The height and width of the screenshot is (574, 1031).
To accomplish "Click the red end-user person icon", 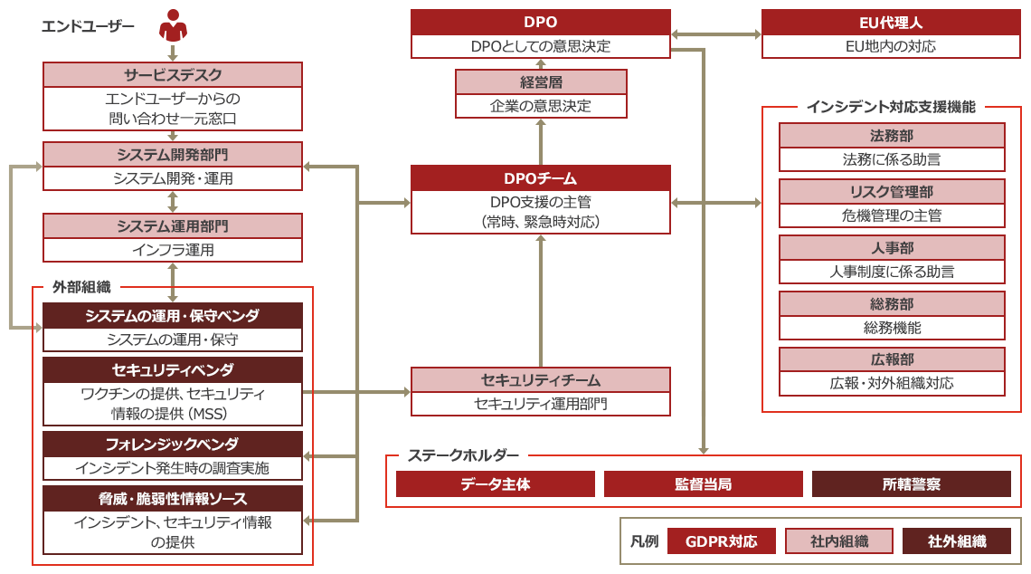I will click(173, 26).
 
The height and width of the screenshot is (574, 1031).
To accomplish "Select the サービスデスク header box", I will click(173, 75).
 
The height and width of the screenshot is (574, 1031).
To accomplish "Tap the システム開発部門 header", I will click(173, 154).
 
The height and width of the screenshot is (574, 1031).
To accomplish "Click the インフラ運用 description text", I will click(173, 250).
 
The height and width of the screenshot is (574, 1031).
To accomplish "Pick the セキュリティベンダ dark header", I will click(173, 369).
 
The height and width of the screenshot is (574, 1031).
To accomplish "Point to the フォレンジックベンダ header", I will click(173, 444).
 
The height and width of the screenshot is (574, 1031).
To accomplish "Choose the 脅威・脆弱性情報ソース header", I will click(173, 499).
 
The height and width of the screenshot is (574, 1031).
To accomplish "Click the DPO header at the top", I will click(540, 22).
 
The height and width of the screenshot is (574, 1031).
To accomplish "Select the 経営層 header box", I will click(540, 82).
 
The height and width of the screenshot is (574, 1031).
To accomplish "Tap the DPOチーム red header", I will click(540, 178).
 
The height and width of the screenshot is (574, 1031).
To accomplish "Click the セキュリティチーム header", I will click(540, 379).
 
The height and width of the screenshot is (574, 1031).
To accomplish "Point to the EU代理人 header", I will click(890, 22).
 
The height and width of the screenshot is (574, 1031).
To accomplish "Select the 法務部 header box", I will click(891, 136).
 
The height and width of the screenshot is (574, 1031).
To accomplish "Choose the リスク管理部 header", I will click(891, 192).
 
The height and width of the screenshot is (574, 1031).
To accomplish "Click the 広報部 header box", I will click(891, 359).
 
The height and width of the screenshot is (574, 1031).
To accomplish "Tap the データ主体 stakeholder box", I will click(495, 484).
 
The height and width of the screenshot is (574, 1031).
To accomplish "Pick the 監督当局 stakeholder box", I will click(703, 484).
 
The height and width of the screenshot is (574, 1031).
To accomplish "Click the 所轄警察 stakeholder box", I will click(911, 484).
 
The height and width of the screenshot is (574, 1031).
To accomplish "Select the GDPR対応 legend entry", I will click(722, 541).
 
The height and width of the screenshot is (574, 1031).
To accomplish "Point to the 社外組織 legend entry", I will click(957, 541).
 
